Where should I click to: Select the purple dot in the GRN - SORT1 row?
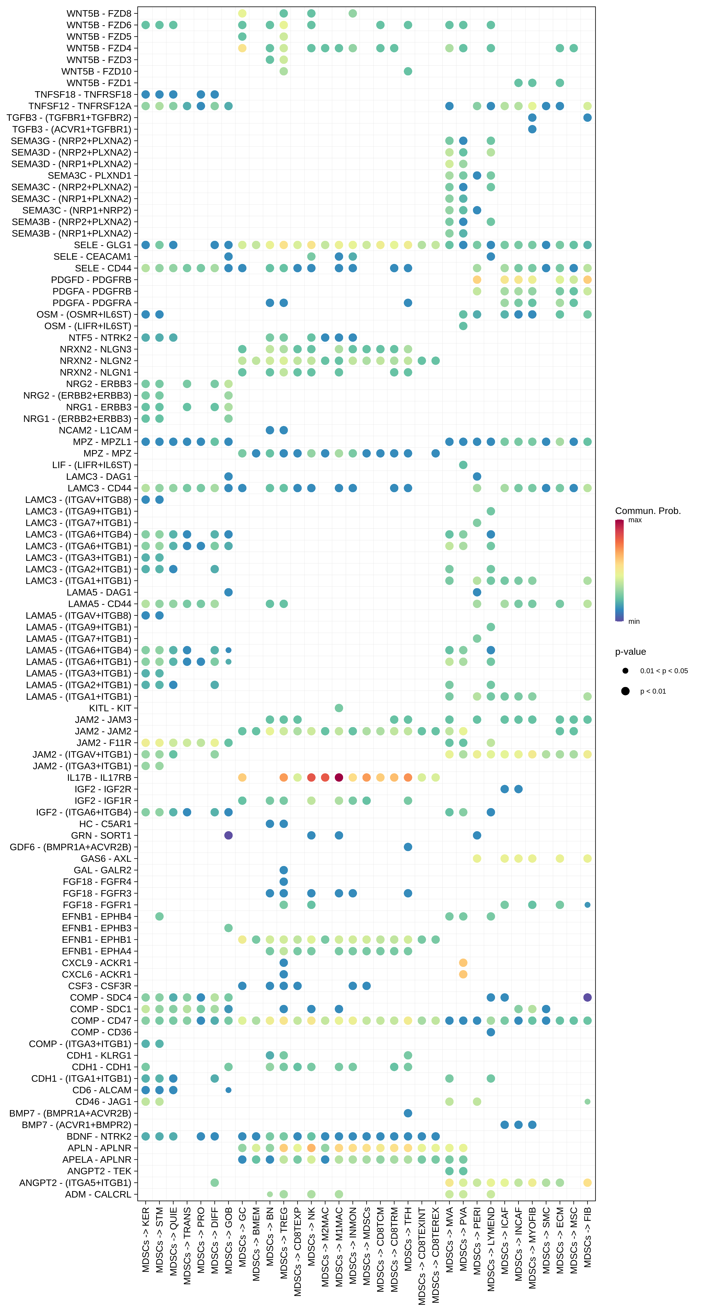(228, 835)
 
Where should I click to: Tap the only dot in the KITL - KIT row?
(339, 708)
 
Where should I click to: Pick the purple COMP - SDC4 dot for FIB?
(587, 997)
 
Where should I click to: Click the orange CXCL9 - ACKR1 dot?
(463, 963)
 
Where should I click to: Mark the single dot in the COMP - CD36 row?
(491, 1032)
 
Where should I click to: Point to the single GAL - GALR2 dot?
(284, 870)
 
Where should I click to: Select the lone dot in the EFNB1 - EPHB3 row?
(228, 928)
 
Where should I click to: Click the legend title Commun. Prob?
(647, 511)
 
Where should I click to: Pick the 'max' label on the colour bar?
(635, 520)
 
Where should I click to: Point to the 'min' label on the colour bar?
(634, 621)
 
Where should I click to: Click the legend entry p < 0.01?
(653, 691)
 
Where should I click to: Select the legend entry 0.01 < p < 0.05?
(663, 671)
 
